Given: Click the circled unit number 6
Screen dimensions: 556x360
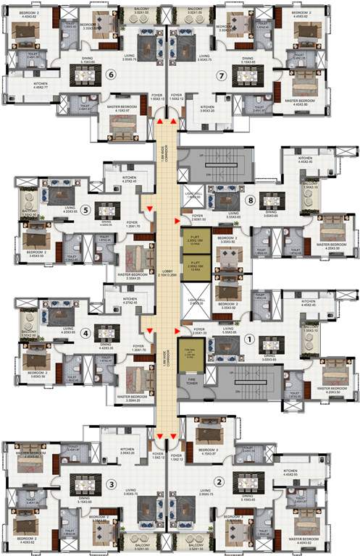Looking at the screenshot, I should [x=111, y=74].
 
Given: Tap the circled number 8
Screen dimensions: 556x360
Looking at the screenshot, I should [x=251, y=201].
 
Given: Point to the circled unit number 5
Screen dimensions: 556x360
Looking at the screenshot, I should [x=85, y=211].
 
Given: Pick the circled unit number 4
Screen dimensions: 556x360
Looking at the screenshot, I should [x=85, y=334].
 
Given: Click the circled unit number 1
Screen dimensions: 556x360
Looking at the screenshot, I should [x=251, y=337].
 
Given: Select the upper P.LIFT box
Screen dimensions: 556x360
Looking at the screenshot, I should [x=197, y=240].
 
